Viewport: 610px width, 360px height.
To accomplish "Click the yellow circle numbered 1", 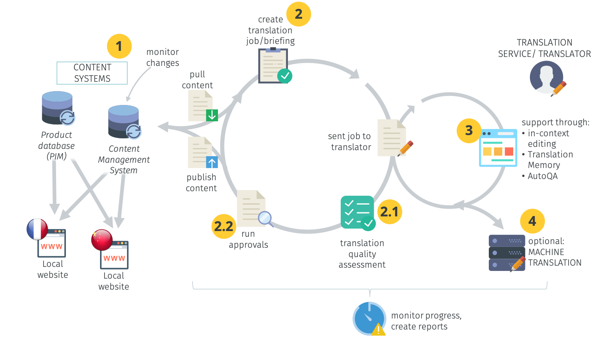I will pyautogui.click(x=119, y=46).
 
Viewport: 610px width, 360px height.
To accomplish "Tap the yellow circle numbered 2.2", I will pyautogui.click(x=224, y=226).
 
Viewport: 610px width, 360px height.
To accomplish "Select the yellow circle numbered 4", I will pyautogui.click(x=532, y=221).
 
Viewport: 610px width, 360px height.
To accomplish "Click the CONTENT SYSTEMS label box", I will pyautogui.click(x=92, y=73).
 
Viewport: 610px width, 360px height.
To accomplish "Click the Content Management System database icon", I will pyautogui.click(x=124, y=122).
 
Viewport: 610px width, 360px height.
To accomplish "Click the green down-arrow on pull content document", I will pyautogui.click(x=212, y=116).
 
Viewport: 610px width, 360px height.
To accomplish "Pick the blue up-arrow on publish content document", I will pyautogui.click(x=212, y=162).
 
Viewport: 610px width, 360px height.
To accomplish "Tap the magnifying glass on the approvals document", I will pyautogui.click(x=265, y=218).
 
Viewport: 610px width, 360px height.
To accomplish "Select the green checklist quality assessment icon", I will pyautogui.click(x=357, y=212).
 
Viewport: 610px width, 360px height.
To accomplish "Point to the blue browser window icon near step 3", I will pyautogui.click(x=498, y=148).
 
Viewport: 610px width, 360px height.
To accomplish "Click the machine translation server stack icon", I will pyautogui.click(x=506, y=253).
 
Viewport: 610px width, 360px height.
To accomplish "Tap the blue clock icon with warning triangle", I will pyautogui.click(x=369, y=319).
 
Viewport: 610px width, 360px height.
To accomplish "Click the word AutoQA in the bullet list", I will pyautogui.click(x=542, y=176).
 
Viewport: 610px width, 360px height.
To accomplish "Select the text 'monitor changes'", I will pyautogui.click(x=163, y=57).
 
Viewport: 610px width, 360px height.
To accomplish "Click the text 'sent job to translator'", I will pyautogui.click(x=350, y=142).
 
